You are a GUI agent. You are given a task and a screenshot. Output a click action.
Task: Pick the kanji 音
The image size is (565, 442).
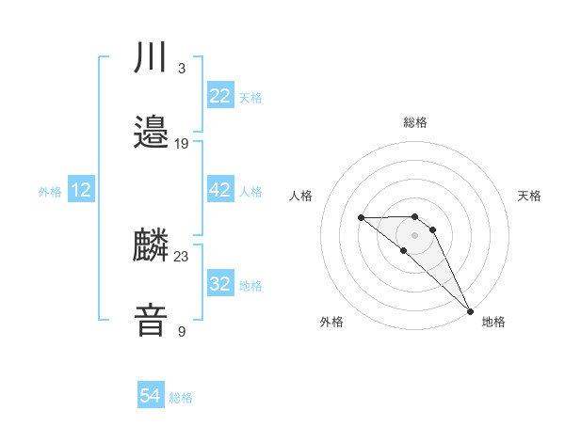(151, 320)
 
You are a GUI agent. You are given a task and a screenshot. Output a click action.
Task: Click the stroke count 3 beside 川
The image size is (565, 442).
(182, 69)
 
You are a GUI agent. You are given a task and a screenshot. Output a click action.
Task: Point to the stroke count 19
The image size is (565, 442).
(182, 143)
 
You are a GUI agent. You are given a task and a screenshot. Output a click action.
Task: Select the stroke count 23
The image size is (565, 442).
(182, 256)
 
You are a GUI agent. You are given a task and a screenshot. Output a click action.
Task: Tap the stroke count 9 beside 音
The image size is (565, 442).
(182, 330)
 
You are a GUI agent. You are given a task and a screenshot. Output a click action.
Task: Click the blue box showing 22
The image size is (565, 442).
(219, 96)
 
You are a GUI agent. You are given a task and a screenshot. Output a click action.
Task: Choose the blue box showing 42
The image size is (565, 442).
(219, 190)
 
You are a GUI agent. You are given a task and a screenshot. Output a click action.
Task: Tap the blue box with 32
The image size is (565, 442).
(219, 284)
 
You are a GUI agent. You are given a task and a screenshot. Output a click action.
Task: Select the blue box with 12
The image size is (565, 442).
(81, 190)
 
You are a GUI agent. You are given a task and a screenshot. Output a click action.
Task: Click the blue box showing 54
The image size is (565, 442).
(151, 397)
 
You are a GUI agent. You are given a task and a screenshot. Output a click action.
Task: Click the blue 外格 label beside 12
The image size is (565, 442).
(50, 192)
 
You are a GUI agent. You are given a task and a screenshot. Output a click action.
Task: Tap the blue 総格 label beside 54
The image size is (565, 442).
(181, 399)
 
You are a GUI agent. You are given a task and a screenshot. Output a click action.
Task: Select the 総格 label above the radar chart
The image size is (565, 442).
(415, 122)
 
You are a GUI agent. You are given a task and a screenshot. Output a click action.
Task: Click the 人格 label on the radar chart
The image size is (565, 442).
(300, 196)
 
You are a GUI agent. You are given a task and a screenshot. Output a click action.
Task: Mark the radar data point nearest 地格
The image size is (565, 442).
(470, 310)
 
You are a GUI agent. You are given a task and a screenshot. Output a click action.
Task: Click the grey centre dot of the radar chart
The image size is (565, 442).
(415, 235)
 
